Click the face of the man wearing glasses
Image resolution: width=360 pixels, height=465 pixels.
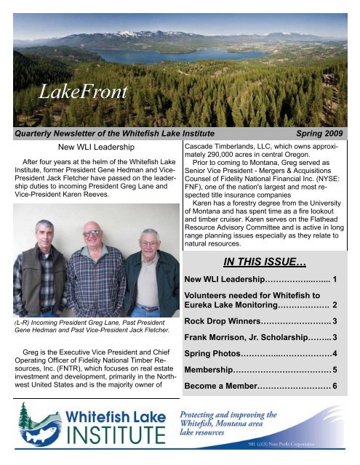(x=92, y=238)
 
